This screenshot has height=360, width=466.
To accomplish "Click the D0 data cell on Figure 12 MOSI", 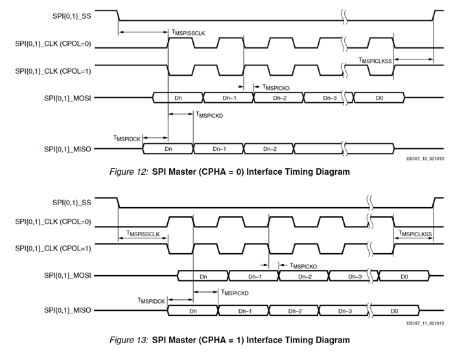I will tap(379, 97).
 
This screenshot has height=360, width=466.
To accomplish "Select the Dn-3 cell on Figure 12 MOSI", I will tap(329, 97).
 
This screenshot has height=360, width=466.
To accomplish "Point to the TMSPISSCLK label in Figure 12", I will tap(189, 32).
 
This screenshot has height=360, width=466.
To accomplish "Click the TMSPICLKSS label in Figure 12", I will tap(375, 60).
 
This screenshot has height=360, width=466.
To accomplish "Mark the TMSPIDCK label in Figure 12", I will tap(126, 138).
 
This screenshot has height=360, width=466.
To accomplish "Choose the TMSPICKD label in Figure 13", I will tap(235, 293).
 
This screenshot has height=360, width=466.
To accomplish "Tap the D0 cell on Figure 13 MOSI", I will tap(403, 276).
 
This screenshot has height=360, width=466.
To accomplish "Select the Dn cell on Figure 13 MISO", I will tap(192, 311).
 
